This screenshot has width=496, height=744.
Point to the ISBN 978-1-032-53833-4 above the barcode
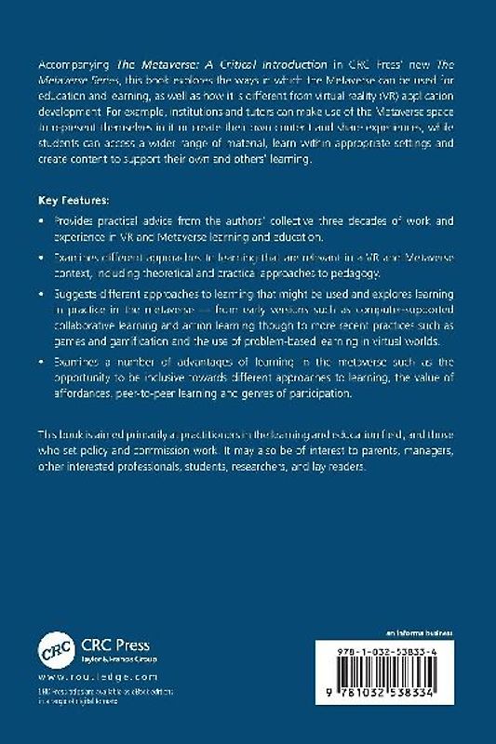pyautogui.click(x=392, y=654)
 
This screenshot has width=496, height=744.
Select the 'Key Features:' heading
pyautogui.click(x=74, y=200)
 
